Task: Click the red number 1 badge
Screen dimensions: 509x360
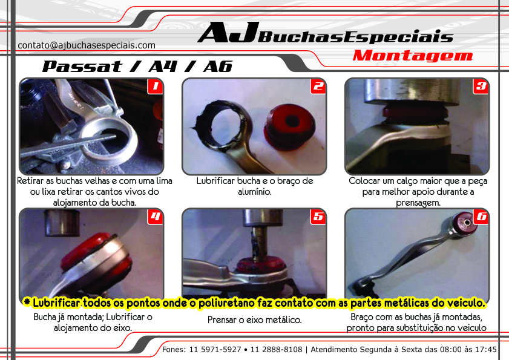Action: pyautogui.click(x=155, y=87)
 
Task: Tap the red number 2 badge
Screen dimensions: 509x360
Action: pyautogui.click(x=318, y=87)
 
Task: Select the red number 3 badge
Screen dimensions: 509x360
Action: pyautogui.click(x=481, y=87)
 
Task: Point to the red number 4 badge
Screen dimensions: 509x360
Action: pyautogui.click(x=155, y=217)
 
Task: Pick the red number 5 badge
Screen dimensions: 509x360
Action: pyautogui.click(x=318, y=217)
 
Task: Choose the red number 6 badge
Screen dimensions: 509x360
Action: pyautogui.click(x=481, y=217)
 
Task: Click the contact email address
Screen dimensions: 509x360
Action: pyautogui.click(x=87, y=45)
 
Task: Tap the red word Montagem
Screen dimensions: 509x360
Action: pyautogui.click(x=413, y=56)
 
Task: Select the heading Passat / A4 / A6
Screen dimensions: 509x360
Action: pyautogui.click(x=137, y=66)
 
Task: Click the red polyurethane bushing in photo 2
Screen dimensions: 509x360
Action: pyautogui.click(x=289, y=126)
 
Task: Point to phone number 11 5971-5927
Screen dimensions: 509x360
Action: pyautogui.click(x=215, y=350)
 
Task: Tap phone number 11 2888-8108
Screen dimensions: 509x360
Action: pyautogui.click(x=276, y=350)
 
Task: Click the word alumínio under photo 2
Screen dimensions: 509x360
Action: pyautogui.click(x=254, y=192)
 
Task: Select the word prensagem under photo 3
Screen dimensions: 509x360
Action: pyautogui.click(x=418, y=203)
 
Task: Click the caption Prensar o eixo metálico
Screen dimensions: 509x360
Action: pyautogui.click(x=254, y=320)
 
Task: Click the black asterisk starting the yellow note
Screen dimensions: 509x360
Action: pyautogui.click(x=27, y=302)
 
